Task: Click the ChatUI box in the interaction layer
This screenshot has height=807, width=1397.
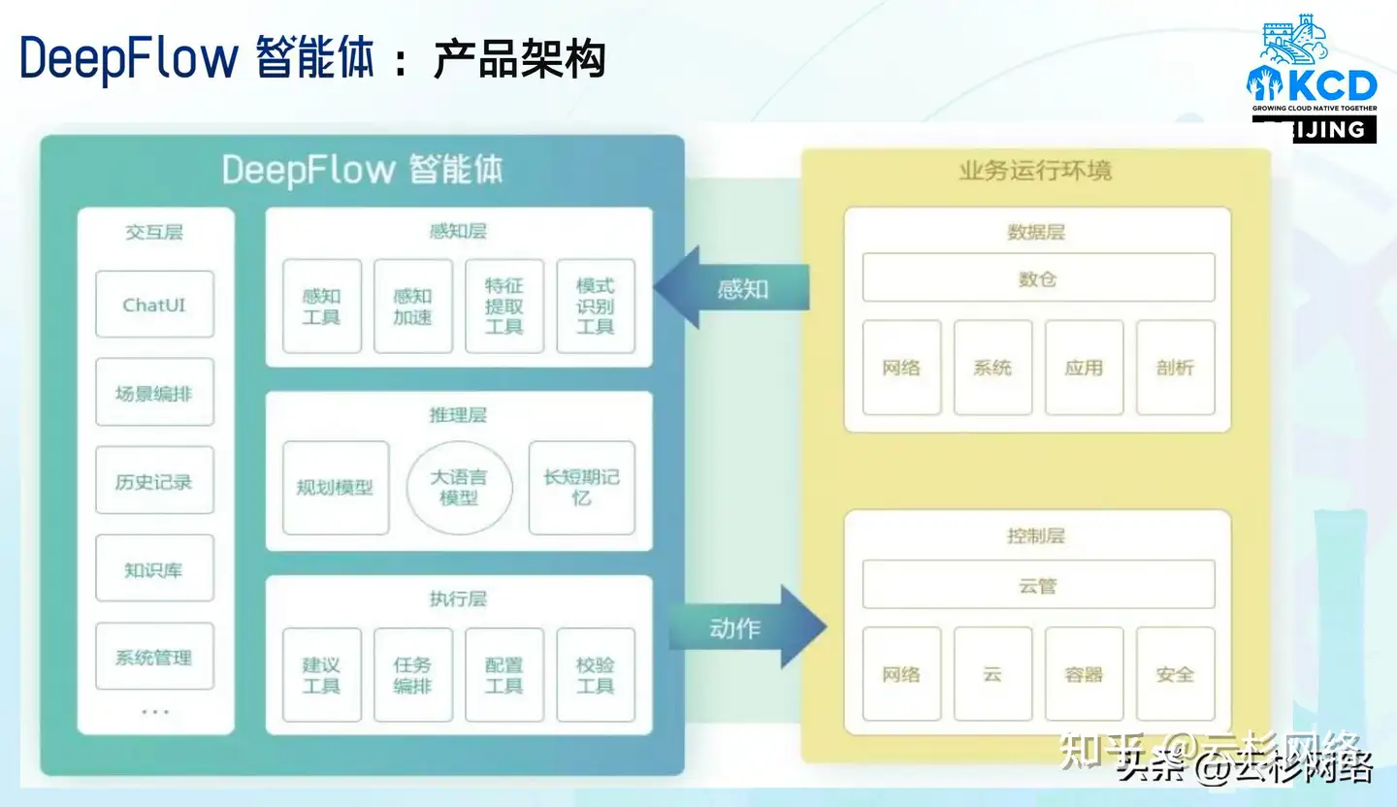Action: pos(154,305)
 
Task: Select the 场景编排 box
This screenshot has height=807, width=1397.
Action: pos(154,393)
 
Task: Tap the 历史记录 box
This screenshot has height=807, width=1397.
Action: pos(154,481)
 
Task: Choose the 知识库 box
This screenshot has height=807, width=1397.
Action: pos(154,569)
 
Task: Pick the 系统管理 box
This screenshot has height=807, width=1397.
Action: pos(154,657)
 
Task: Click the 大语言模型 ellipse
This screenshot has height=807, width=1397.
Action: pos(459,488)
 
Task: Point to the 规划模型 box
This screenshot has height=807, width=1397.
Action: pos(336,488)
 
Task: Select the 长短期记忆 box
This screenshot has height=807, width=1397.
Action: pos(581,488)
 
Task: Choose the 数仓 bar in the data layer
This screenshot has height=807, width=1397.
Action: pos(1038,278)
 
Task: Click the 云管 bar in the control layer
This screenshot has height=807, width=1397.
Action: pos(1038,585)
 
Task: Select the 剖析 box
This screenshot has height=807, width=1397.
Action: pos(1175,368)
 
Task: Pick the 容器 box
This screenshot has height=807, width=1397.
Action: pos(1084,674)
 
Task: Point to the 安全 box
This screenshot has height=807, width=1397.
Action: pos(1175,674)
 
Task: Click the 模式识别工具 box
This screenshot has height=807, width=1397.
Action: pos(596,306)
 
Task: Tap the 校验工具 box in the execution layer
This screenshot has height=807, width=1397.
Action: pos(596,675)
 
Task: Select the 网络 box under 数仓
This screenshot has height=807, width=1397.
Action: pos(901,368)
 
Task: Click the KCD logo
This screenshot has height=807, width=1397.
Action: pos(1311,78)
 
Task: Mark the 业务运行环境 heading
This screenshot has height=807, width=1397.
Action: pos(1035,172)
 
